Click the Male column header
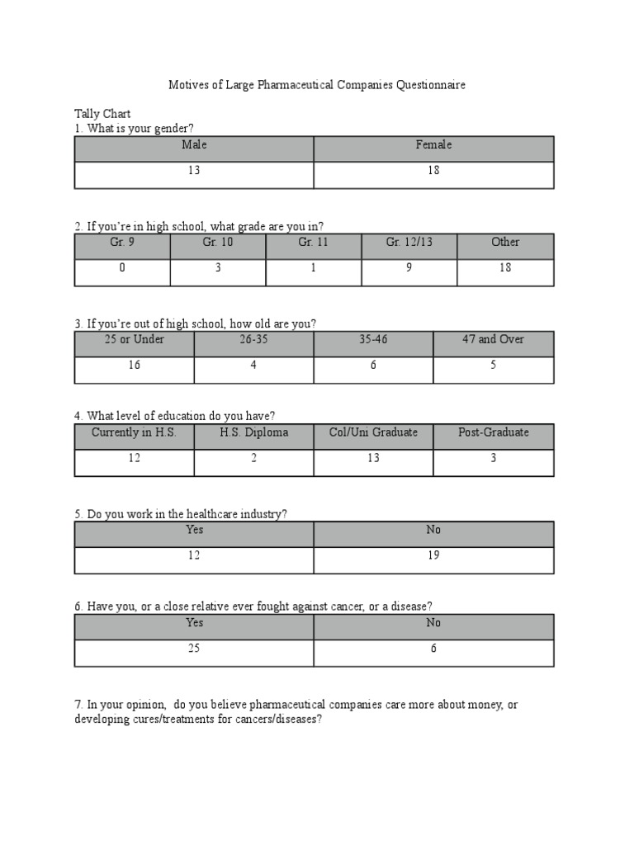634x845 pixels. coord(194,145)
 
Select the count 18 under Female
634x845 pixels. coord(433,171)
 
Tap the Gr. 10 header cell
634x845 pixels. coord(218,243)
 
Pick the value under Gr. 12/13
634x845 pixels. coord(409,268)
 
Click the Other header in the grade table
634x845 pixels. coord(505,243)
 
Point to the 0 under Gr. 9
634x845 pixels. coord(122,268)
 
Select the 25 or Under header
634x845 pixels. coord(135,340)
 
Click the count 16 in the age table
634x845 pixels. coord(135,366)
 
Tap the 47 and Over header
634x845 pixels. coord(493,340)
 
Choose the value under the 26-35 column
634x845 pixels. coord(254,366)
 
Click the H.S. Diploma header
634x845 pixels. coord(254,432)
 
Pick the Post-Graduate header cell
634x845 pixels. coord(493,432)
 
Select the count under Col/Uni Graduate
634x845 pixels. coord(373,458)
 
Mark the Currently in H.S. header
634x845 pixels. coord(135,432)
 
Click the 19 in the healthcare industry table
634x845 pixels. coord(433,555)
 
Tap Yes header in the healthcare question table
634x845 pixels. coord(194,530)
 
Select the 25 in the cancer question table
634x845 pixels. coord(194,649)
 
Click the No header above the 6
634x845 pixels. coord(433,623)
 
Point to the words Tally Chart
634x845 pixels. coord(102,114)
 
